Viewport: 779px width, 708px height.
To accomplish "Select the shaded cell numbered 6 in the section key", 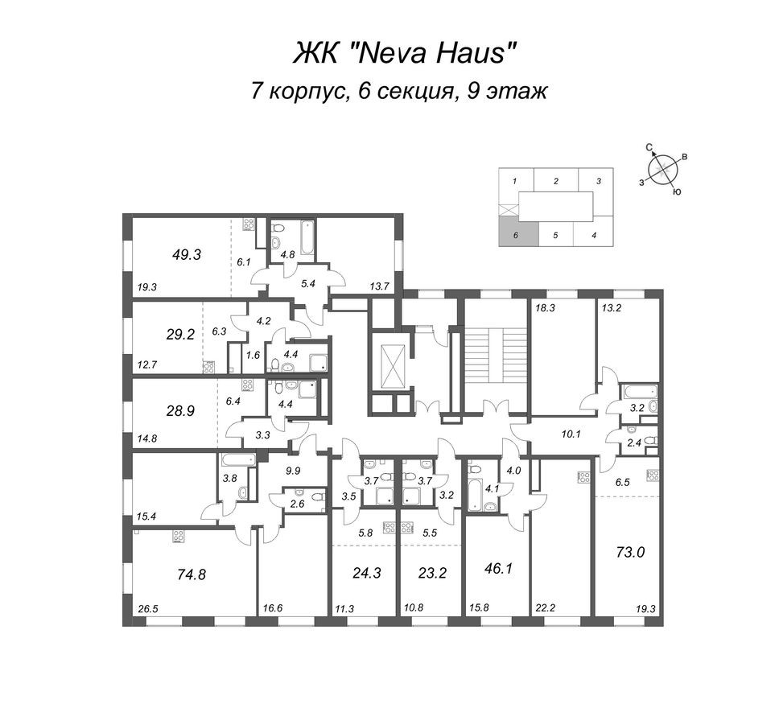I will click(514, 236).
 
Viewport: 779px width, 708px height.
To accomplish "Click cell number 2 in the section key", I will click(556, 182).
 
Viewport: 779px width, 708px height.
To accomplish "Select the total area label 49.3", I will click(186, 254).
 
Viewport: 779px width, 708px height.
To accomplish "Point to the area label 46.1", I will click(498, 568).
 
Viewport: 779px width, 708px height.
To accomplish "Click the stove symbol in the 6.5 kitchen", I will click(652, 475).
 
